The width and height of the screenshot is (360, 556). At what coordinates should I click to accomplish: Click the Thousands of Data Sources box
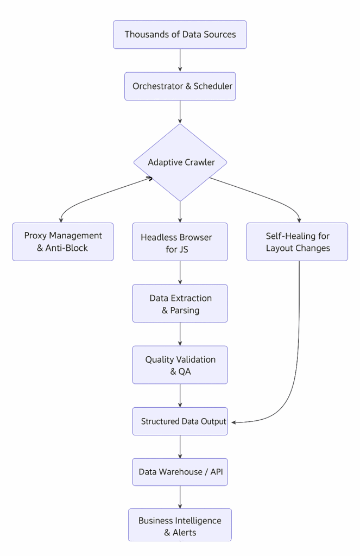click(x=180, y=35)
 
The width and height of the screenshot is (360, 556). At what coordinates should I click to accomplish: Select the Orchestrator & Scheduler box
click(x=180, y=86)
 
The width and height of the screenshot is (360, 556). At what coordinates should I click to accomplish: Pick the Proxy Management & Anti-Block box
click(x=63, y=242)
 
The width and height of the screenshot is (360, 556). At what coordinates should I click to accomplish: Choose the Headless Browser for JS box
click(x=180, y=242)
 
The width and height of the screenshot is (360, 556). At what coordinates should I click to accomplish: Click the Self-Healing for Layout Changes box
click(x=297, y=242)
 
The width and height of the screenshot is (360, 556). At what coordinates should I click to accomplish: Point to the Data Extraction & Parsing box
click(x=180, y=304)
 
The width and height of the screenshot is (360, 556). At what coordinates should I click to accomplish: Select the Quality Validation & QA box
click(x=180, y=365)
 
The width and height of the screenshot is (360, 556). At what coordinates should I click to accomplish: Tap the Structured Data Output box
click(x=180, y=421)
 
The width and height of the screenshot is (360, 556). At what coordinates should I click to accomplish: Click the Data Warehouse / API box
click(x=180, y=472)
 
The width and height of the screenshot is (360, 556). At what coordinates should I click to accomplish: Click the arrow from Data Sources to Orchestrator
click(x=180, y=60)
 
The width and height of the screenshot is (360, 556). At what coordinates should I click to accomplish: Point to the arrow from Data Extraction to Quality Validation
click(x=180, y=334)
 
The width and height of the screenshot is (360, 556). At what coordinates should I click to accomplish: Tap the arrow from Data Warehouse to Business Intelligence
click(x=180, y=497)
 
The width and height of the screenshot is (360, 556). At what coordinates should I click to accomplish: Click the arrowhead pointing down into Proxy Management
click(x=61, y=220)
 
